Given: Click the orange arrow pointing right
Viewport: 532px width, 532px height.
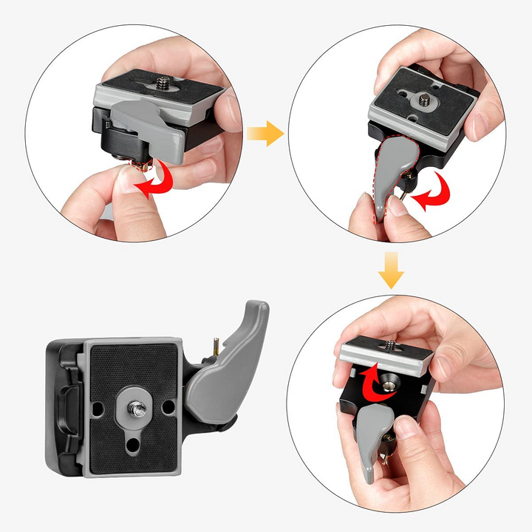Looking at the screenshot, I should coord(265,134).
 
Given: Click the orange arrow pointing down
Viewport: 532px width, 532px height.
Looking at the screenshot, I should coord(392,270).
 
